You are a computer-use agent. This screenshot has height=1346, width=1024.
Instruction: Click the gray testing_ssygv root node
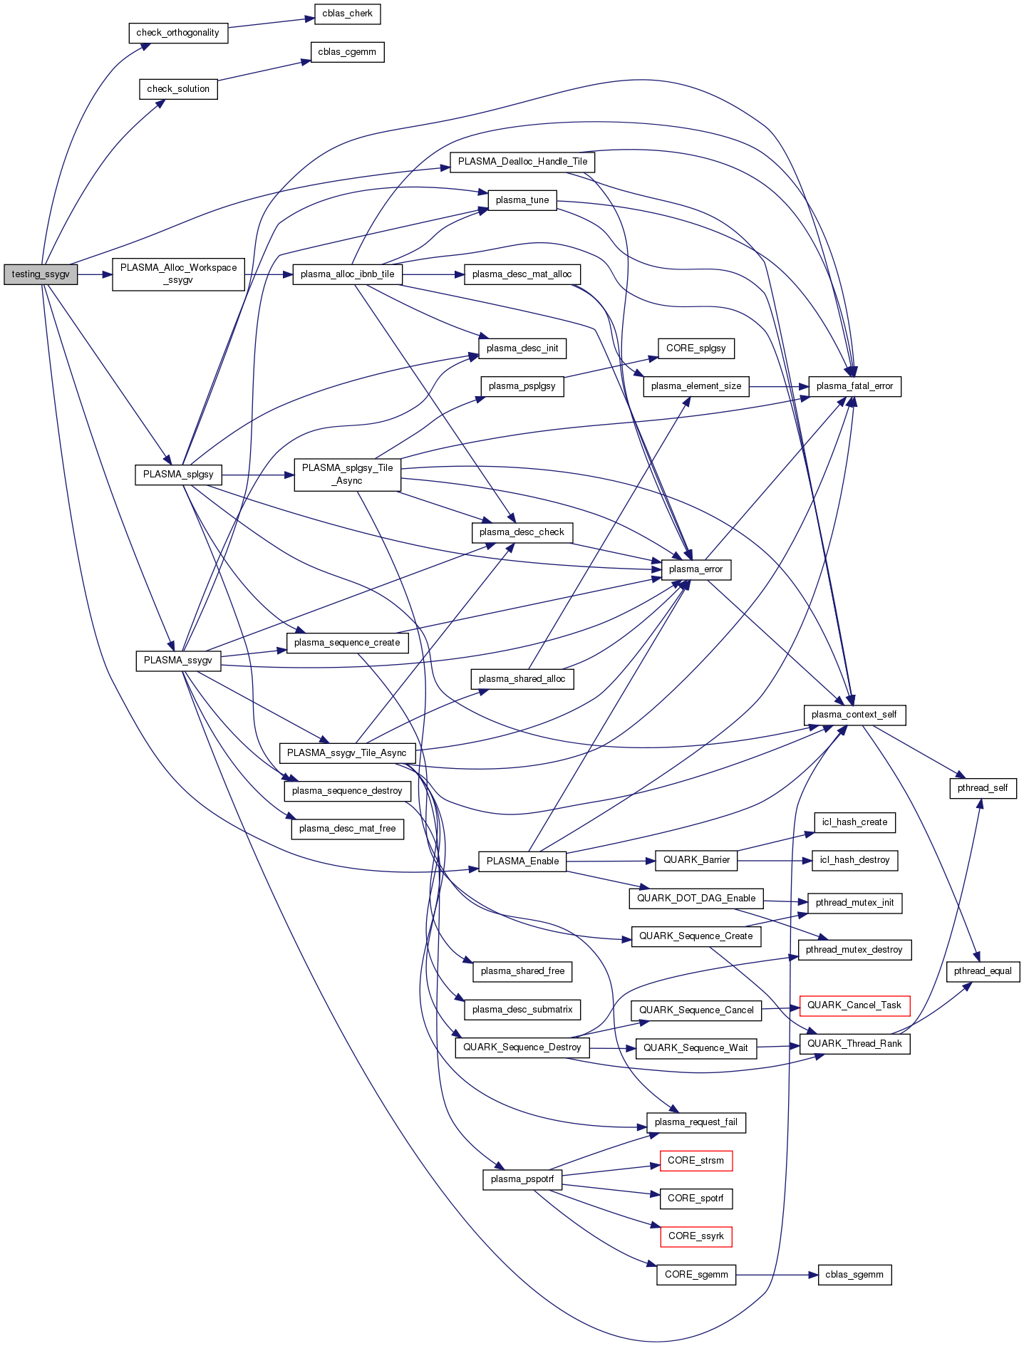coord(41,274)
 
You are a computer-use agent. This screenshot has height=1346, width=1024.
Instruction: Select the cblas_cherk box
coord(347,14)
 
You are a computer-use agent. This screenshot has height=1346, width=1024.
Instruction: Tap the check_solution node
coord(178,89)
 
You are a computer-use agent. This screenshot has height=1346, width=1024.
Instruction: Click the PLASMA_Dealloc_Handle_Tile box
coord(522,162)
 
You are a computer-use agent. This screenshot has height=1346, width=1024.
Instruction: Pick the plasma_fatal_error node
coord(854,386)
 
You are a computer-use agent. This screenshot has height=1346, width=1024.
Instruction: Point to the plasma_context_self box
coord(854,715)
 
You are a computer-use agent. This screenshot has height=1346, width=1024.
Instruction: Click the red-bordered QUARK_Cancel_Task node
coord(854,1005)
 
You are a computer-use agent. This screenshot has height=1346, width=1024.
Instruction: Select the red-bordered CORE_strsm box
coord(695,1161)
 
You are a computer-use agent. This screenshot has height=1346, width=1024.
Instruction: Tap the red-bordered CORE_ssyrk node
coord(695,1236)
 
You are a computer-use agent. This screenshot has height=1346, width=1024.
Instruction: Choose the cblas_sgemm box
coord(854,1275)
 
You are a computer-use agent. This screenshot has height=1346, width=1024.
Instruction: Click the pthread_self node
coord(983,788)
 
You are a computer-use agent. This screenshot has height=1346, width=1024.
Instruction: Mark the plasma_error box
coord(695,569)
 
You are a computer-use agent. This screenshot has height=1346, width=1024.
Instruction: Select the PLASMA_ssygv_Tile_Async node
coord(346,753)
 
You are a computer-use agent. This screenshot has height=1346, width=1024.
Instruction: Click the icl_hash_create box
coord(854,822)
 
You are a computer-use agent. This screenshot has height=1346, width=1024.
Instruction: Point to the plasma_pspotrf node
coord(522,1179)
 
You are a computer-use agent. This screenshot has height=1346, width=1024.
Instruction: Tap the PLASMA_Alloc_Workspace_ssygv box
coord(178,274)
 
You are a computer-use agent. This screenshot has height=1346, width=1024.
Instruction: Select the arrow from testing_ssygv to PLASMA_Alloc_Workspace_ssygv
coord(95,274)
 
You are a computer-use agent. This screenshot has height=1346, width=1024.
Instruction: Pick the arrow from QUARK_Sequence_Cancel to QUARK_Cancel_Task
coord(780,1008)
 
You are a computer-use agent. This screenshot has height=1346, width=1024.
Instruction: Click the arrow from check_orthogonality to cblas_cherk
coord(271,23)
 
